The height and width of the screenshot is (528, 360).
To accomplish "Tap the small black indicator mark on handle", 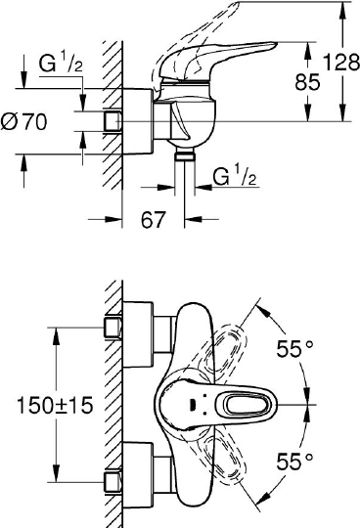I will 189,402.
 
